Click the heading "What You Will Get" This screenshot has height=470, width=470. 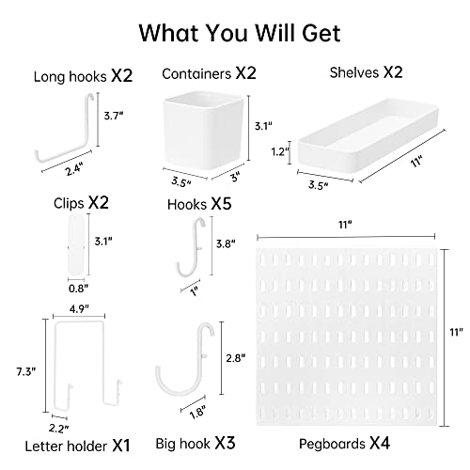coord(240,33)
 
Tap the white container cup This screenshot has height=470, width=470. coord(204,129)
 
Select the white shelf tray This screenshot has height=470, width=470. coord(368,136)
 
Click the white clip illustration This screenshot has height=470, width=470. coord(76,243)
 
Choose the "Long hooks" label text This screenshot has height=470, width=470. coord(70,77)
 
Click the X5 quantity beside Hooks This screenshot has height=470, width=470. coord(221,204)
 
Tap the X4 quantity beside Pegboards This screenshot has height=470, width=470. coord(380,443)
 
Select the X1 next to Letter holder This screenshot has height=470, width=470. coord(121,446)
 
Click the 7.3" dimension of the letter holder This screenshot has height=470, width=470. coord(26,372)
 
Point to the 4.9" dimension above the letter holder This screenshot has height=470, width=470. coord(79,309)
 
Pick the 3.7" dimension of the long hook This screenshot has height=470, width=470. coord(114,116)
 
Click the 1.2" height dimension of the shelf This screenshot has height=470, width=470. coord(280,152)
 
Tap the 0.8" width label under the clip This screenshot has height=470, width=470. coord(78,289)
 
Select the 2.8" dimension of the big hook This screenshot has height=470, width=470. coord(236,358)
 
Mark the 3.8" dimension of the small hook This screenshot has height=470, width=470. coord(226,243)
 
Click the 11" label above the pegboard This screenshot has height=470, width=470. coord(345,225)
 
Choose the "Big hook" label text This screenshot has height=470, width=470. coord(183,444)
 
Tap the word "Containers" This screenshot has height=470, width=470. coord(196,74)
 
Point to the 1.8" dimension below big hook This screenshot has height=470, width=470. coord(197,412)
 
